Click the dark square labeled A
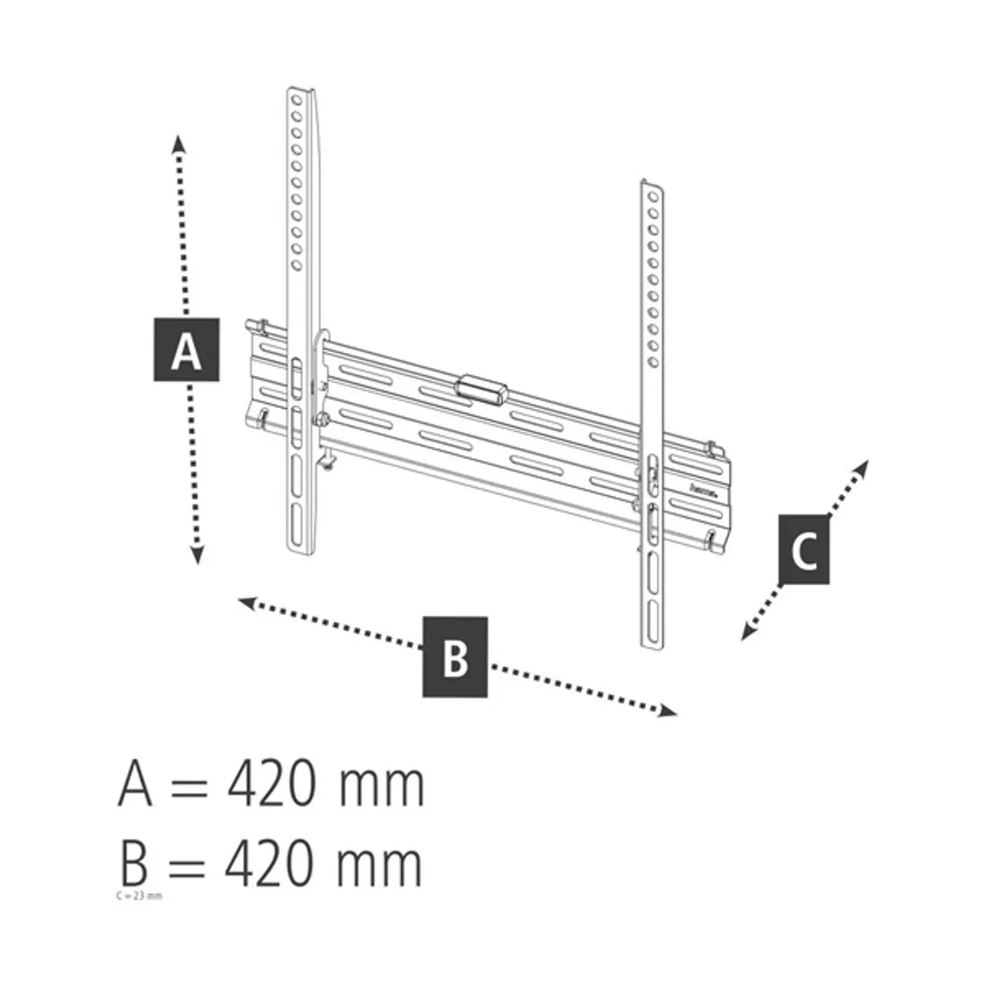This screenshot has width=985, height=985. tap(187, 348)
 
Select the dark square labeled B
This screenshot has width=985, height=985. tap(456, 657)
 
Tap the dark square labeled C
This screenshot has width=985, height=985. tap(804, 550)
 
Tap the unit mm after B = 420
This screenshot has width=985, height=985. tap(380, 865)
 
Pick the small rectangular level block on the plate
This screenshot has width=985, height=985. tap(481, 388)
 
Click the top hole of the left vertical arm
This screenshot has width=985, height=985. tap(296, 99)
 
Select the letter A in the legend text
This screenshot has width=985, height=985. tap(135, 785)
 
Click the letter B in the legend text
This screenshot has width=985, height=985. tap(133, 864)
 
